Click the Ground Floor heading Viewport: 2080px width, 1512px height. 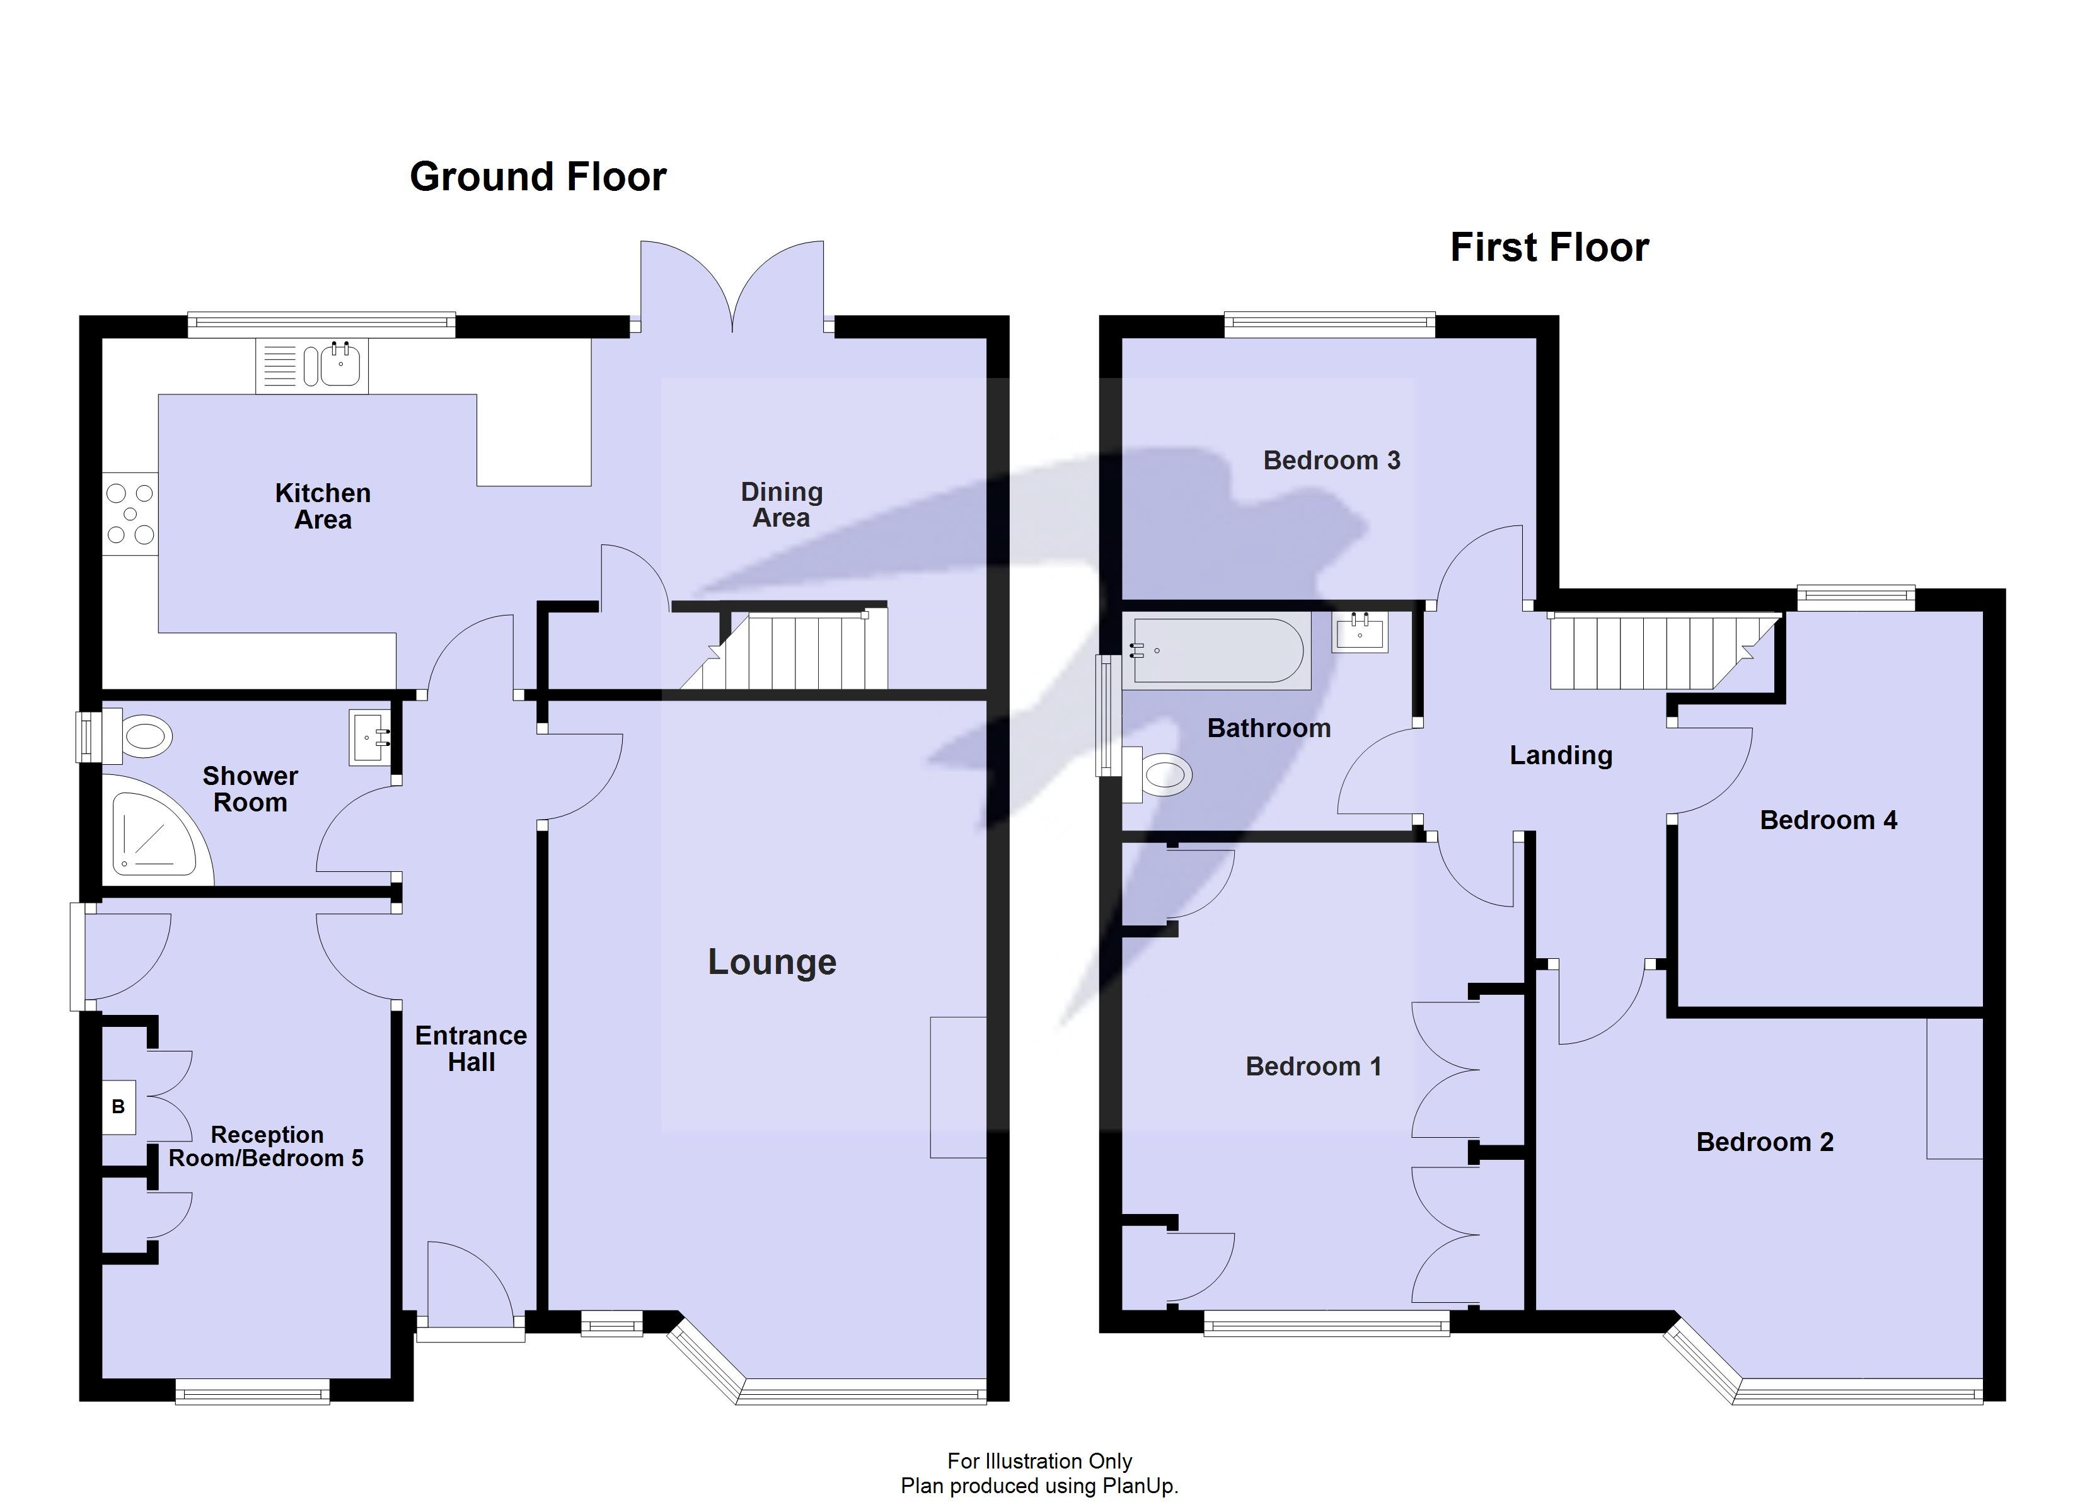(x=538, y=177)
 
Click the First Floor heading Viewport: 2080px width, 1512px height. (x=1549, y=248)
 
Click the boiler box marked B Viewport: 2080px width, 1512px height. (x=118, y=1107)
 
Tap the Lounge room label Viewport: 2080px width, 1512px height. (x=771, y=962)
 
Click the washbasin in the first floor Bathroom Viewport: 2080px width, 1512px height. (x=1360, y=632)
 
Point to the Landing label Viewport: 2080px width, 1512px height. (x=1560, y=755)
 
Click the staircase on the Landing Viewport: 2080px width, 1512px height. (x=1641, y=653)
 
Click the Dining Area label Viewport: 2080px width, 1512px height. (x=782, y=505)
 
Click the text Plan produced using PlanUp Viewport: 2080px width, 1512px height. (x=1039, y=1486)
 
